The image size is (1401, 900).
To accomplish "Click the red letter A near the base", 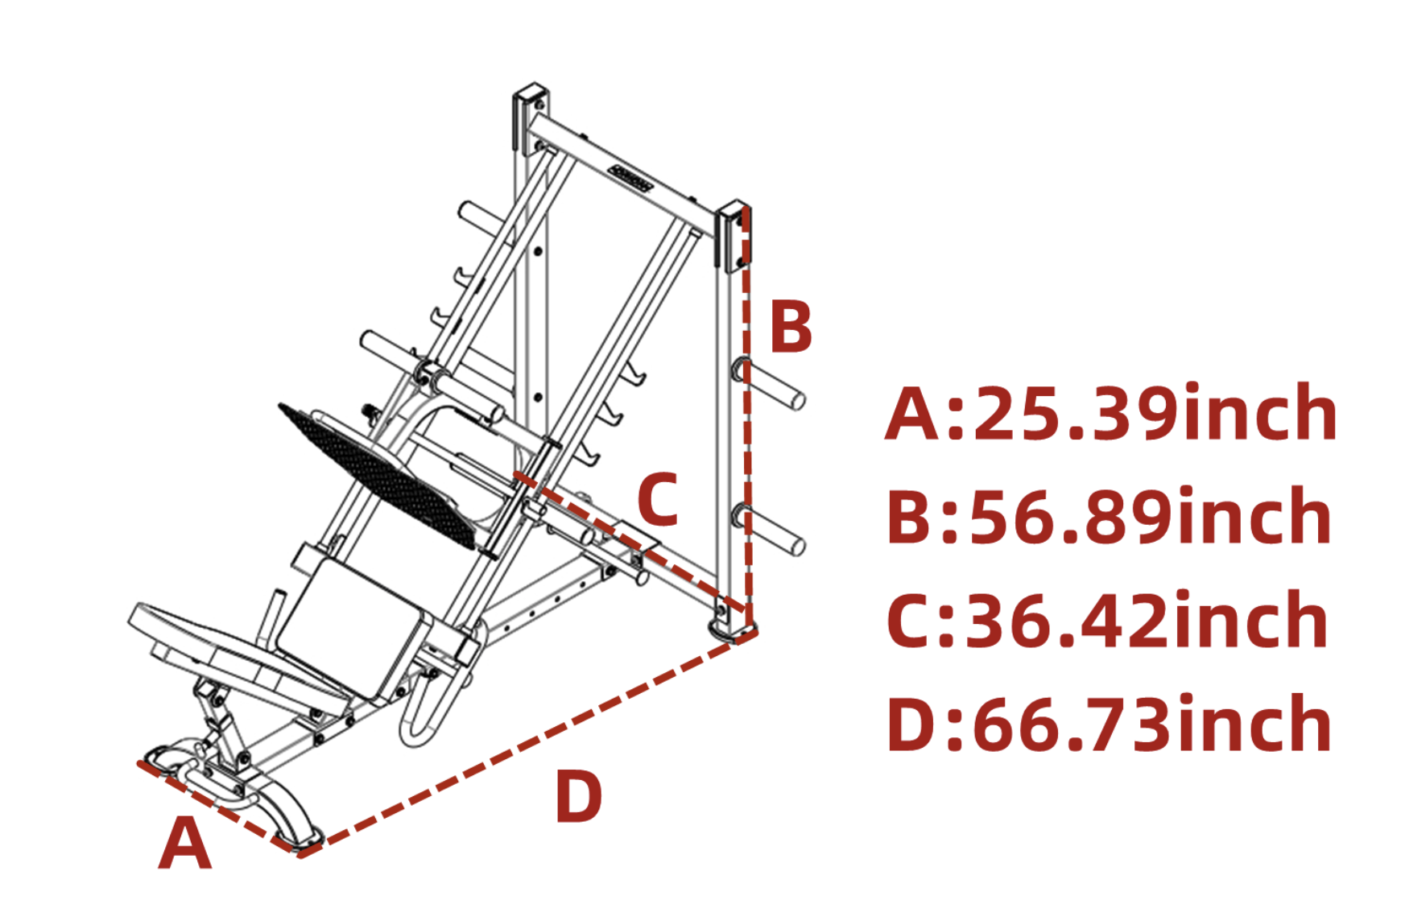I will (184, 843).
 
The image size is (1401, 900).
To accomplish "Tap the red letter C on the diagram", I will (658, 499).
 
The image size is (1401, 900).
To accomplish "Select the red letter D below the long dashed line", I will (578, 796).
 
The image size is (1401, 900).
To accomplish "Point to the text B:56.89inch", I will (1110, 517).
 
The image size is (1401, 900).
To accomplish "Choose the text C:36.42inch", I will (1108, 620).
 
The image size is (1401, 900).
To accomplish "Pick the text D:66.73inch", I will (1110, 725).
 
